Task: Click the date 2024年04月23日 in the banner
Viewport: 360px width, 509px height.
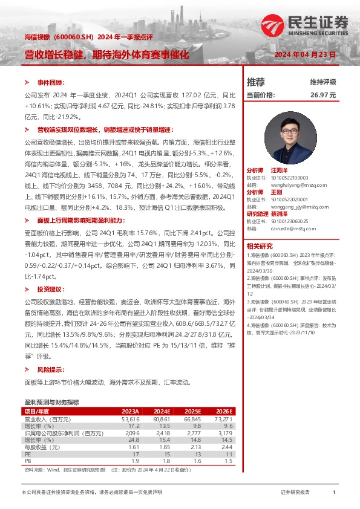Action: click(x=305, y=54)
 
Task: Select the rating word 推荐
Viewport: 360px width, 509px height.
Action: click(x=256, y=82)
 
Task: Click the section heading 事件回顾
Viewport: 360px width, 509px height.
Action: click(x=51, y=82)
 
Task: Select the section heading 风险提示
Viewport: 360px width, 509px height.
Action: click(x=51, y=369)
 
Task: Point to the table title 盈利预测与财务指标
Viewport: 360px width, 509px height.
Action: click(x=51, y=402)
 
